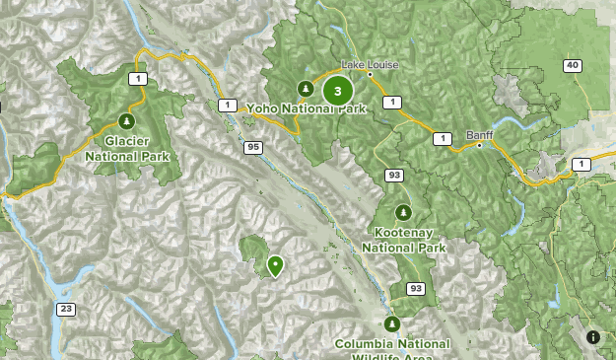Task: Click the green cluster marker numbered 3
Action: [x=338, y=92]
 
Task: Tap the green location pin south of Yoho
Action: [x=274, y=264]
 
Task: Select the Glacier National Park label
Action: [x=127, y=148]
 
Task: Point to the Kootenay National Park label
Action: [x=404, y=240]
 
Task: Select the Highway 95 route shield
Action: [x=254, y=148]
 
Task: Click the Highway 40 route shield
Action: [x=573, y=66]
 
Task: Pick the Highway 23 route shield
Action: [x=66, y=309]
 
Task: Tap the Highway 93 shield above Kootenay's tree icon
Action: [x=394, y=176]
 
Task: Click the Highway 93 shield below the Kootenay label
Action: [x=416, y=288]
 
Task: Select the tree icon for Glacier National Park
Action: [x=126, y=120]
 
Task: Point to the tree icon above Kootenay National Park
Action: [x=403, y=212]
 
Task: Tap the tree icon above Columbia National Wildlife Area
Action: [x=392, y=323]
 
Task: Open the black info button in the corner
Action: [x=593, y=337]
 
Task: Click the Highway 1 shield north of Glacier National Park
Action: [x=141, y=78]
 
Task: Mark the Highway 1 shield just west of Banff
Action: [x=444, y=138]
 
